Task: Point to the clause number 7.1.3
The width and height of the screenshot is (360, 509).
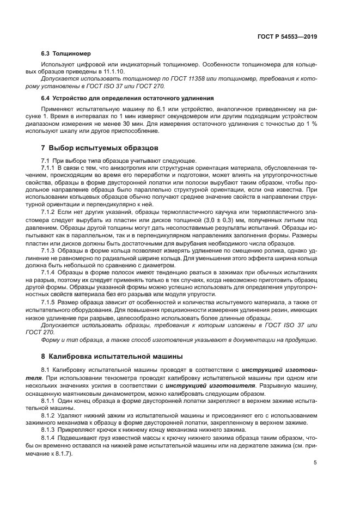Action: pyautogui.click(x=50, y=249)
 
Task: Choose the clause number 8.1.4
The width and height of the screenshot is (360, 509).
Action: pyautogui.click(x=50, y=438)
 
